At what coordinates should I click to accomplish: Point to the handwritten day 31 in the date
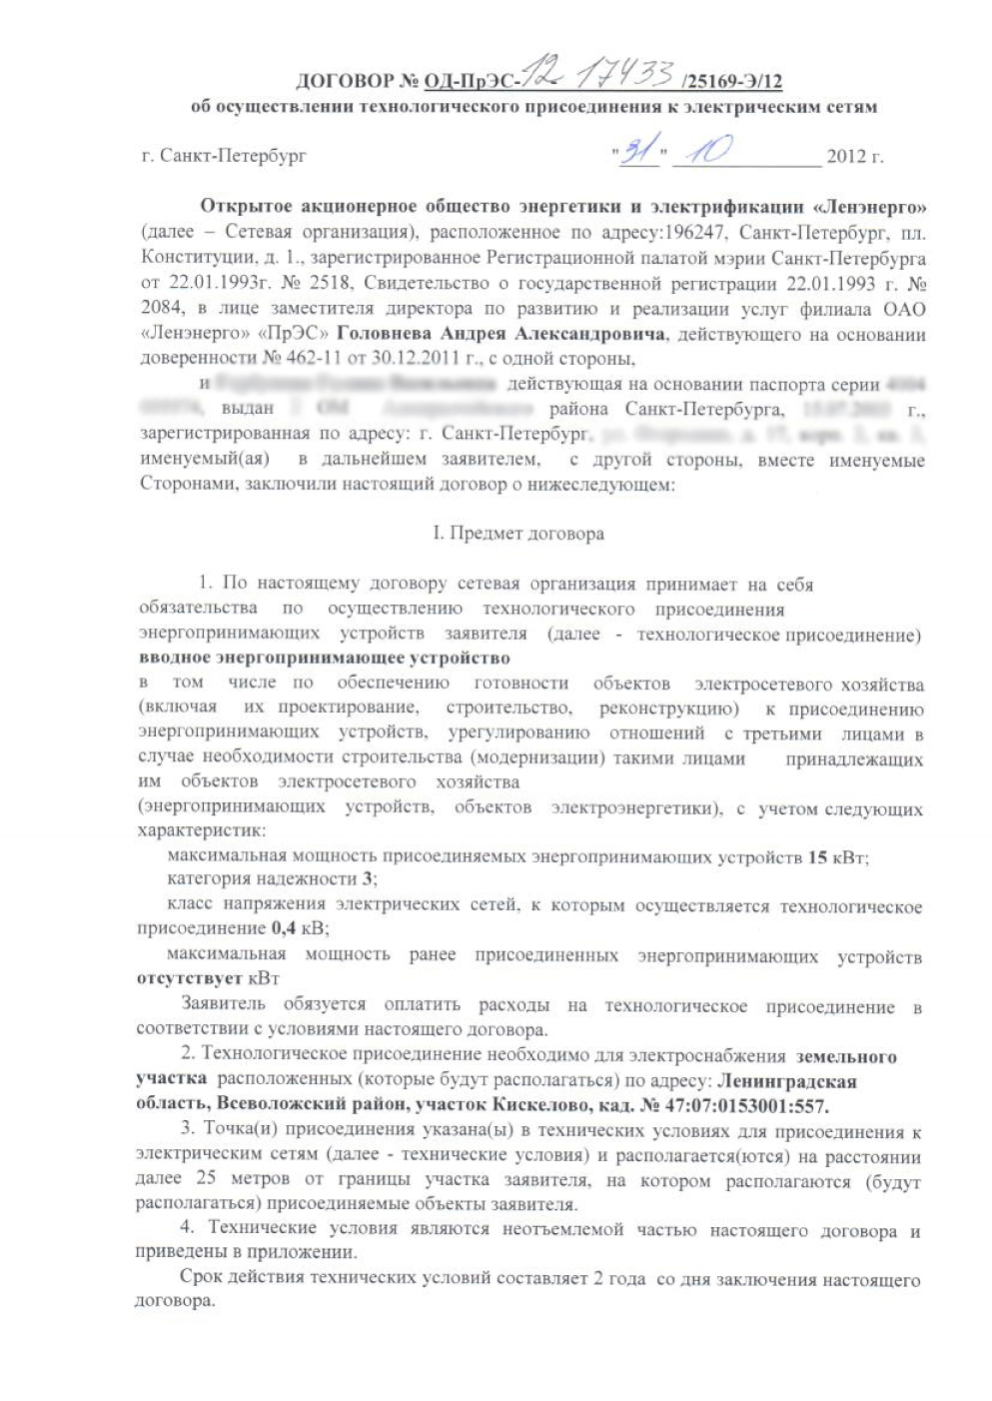634,152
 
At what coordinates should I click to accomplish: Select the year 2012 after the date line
846,157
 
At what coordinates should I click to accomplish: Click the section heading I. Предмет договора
517,534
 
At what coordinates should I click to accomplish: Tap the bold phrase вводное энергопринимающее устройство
324,659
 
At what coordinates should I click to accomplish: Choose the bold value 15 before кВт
817,857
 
